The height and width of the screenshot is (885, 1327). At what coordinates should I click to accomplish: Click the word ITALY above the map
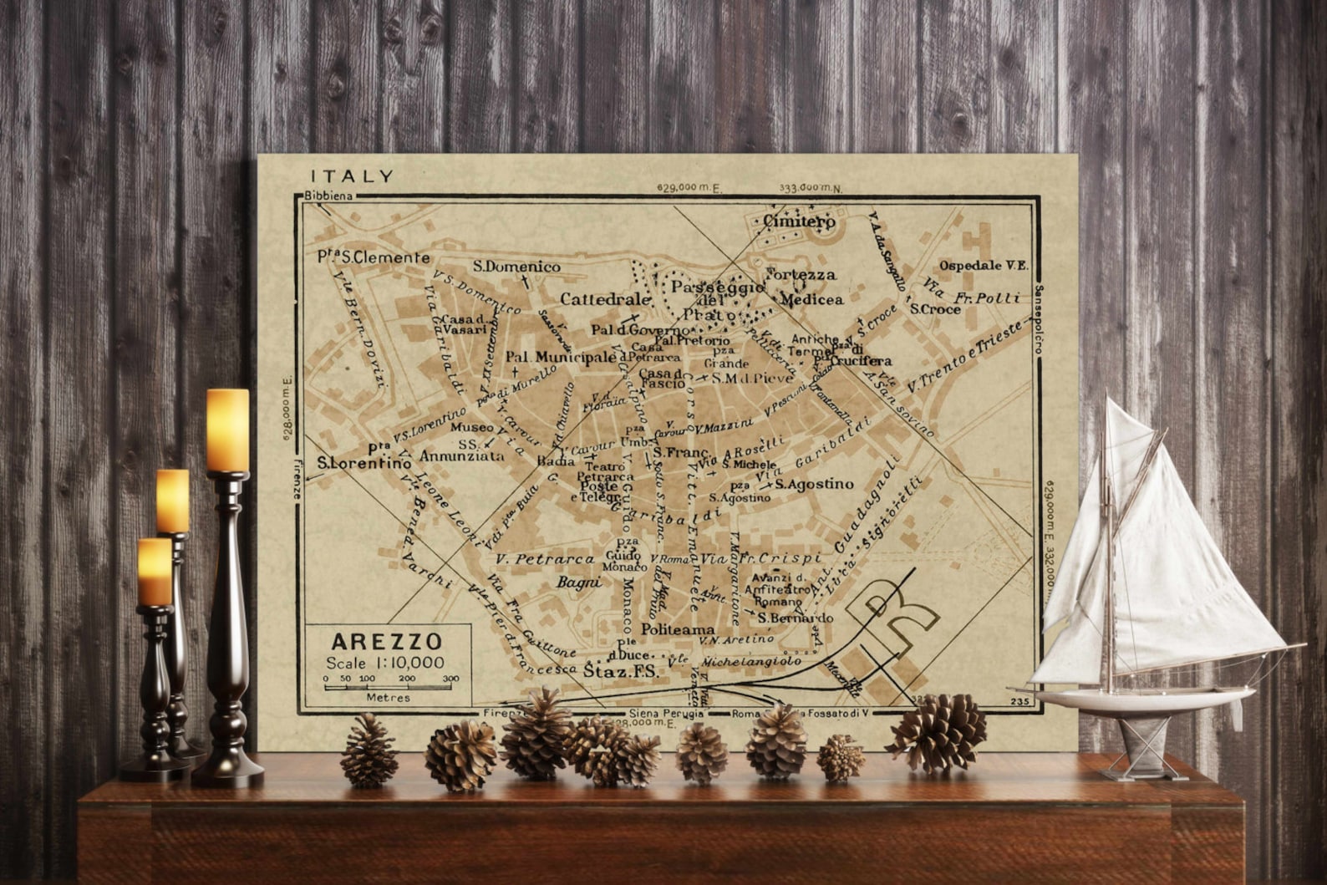(352, 176)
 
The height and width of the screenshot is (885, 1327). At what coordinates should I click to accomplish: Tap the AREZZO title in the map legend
(386, 642)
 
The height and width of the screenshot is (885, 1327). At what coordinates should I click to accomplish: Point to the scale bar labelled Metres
(390, 688)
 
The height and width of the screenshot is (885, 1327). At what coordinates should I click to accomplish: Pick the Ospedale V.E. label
(983, 266)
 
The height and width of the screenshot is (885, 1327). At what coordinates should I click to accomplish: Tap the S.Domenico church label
(516, 267)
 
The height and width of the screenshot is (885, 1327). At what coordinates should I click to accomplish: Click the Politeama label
(678, 629)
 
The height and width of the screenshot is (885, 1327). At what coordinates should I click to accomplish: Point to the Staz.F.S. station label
(620, 670)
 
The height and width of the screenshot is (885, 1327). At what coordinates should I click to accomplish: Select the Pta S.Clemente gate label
(373, 257)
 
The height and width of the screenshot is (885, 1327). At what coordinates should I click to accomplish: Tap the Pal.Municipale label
(560, 358)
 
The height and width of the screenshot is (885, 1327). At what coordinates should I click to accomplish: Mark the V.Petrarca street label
(544, 558)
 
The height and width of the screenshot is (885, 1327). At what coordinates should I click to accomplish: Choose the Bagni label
(579, 582)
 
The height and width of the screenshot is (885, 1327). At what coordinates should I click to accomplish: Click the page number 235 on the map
(1019, 702)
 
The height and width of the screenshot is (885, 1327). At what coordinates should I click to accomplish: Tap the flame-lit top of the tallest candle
(227, 428)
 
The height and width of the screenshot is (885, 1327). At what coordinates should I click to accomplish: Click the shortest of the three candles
(155, 572)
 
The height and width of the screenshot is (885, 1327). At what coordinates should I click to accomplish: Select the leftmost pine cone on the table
(369, 751)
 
